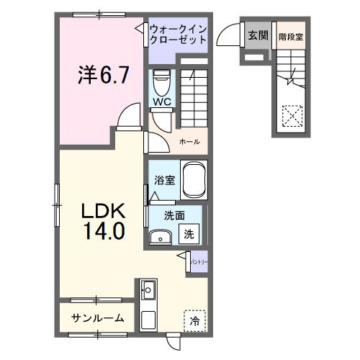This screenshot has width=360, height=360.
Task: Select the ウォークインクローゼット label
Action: [x=179, y=35]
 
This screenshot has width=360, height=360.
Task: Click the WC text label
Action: [x=160, y=102]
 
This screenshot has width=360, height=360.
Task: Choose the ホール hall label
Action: [x=189, y=142]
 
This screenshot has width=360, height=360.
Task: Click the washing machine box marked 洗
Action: [x=189, y=233]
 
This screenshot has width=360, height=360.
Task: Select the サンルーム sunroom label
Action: [x=98, y=318]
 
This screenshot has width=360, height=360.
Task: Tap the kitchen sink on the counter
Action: [x=149, y=291]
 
